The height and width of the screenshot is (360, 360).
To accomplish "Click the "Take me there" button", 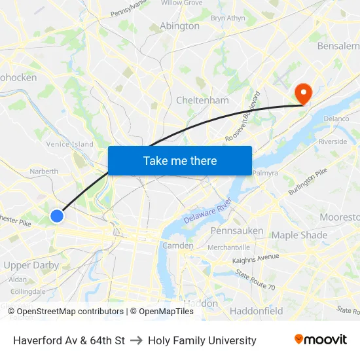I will tap(180, 160).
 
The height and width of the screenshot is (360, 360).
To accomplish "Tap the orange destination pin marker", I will tap(303, 93).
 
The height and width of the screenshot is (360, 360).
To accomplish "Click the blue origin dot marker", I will tap(57, 215).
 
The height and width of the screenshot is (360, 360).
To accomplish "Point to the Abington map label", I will tap(179, 26).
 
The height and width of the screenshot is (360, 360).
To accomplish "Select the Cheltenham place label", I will tap(202, 100).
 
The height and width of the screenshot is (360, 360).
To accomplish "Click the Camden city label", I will tap(178, 245).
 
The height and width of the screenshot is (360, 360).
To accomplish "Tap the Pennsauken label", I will tap(237, 230).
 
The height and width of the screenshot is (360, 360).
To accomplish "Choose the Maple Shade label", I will tap(299, 235).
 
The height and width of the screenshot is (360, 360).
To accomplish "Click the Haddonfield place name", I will tap(257, 310).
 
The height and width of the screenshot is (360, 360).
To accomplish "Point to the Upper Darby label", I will tap(31, 266).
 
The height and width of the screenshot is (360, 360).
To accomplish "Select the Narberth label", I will tap(44, 171).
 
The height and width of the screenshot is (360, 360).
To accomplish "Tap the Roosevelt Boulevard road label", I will tap(243, 117).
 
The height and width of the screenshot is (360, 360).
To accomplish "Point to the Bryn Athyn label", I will tap(228, 18).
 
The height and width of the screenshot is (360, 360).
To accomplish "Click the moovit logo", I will tap(320, 340).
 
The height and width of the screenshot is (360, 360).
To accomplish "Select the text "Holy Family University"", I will tap(202, 340).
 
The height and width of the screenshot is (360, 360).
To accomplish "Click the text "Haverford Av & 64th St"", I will tap(69, 340).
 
